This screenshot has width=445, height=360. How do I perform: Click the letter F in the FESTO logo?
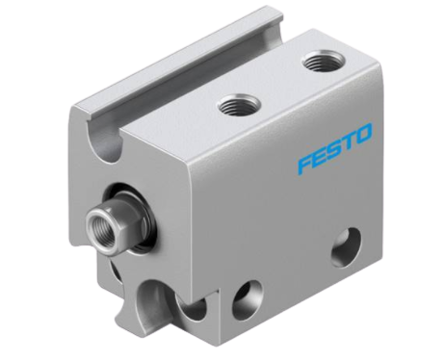(x=307, y=164)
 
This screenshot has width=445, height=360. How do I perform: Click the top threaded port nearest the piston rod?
(x=240, y=106)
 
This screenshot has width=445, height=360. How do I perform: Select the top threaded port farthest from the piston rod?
(x=324, y=62)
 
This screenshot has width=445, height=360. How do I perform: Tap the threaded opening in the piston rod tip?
(x=97, y=222)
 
